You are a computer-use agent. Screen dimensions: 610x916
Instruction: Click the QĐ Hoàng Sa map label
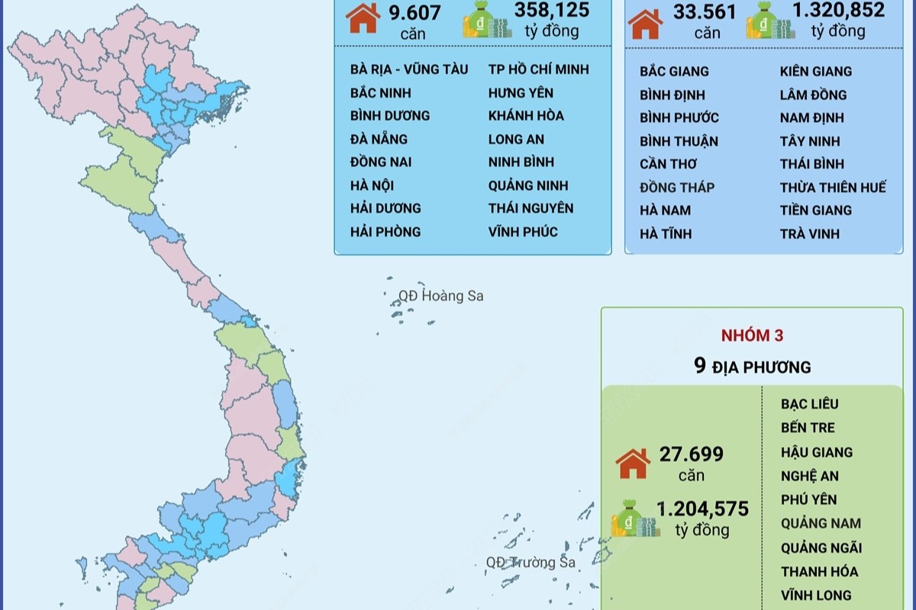(441, 296)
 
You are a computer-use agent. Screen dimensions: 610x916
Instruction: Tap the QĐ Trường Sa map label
(531, 563)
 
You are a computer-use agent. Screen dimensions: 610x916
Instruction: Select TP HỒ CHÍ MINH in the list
(539, 69)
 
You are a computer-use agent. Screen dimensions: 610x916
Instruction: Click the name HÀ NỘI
(373, 185)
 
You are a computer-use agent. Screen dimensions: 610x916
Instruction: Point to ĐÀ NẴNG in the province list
(379, 139)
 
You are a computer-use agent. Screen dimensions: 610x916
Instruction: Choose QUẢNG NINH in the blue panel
(528, 185)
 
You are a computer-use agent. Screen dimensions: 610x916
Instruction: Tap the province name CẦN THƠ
(669, 164)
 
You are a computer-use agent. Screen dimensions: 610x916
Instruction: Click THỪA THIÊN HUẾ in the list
(833, 188)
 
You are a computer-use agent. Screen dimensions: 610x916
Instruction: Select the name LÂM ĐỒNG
(814, 95)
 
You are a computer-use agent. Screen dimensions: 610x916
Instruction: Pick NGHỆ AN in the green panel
(810, 476)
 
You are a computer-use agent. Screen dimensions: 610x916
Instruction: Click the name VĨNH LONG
(816, 595)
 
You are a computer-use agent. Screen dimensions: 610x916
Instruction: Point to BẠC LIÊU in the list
(810, 404)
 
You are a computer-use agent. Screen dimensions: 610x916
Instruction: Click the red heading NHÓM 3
(752, 335)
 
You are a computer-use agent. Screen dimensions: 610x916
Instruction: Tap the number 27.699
(692, 454)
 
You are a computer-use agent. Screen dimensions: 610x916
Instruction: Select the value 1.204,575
(702, 509)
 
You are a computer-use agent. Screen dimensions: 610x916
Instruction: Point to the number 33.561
(705, 12)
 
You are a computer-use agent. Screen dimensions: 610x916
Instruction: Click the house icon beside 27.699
(633, 464)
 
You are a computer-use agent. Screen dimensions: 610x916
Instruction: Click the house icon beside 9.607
(363, 17)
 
